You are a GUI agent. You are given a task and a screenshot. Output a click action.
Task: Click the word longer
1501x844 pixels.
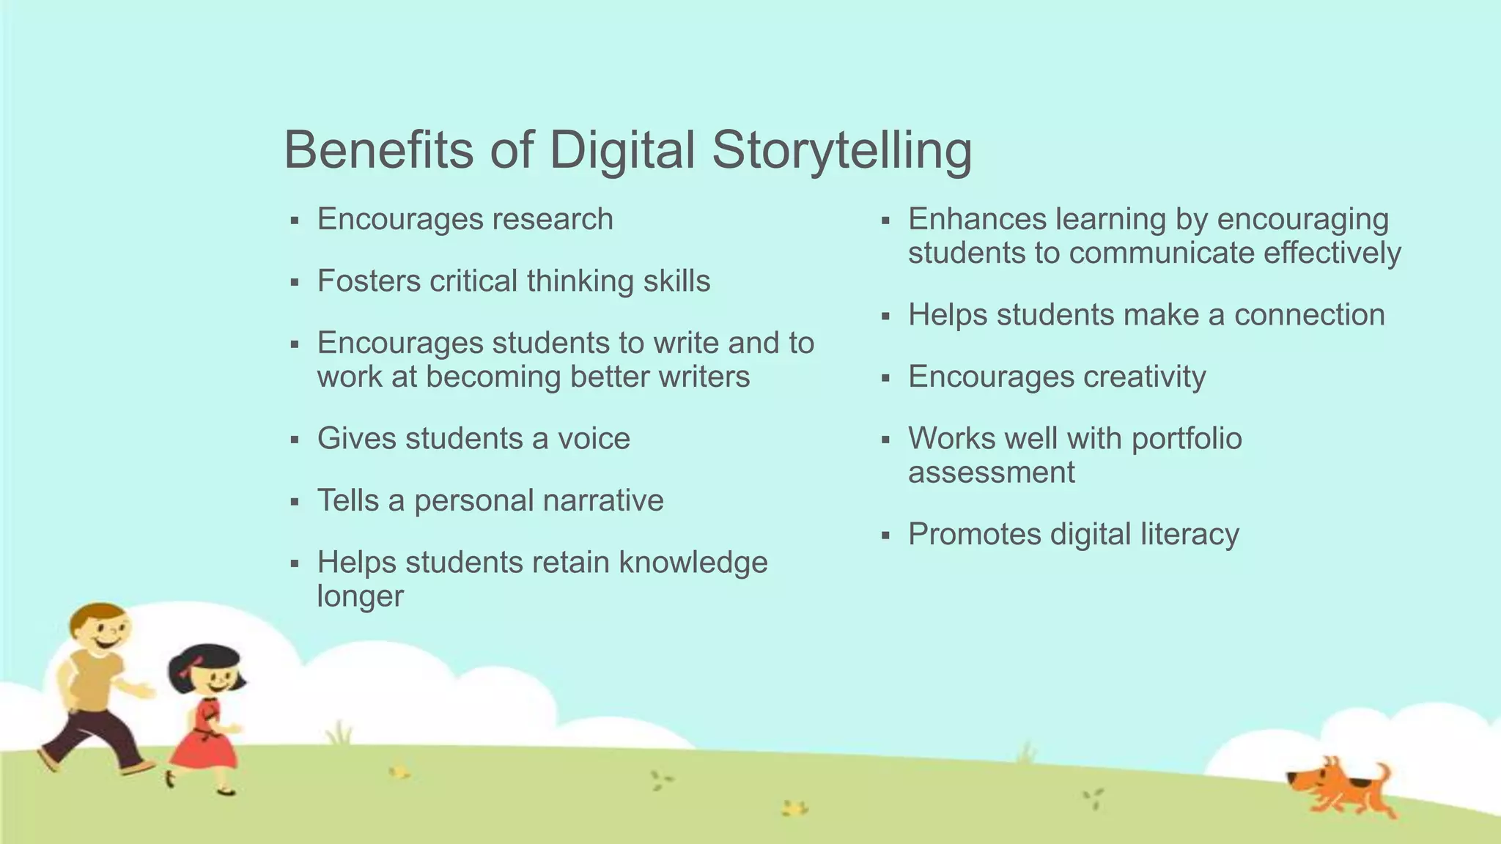click(360, 596)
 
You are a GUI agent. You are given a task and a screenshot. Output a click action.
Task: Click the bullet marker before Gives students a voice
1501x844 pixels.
click(295, 440)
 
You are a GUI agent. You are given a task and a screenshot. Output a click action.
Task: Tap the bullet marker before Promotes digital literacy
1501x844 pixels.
click(885, 536)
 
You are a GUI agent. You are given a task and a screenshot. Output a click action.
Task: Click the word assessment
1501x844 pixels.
click(991, 473)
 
